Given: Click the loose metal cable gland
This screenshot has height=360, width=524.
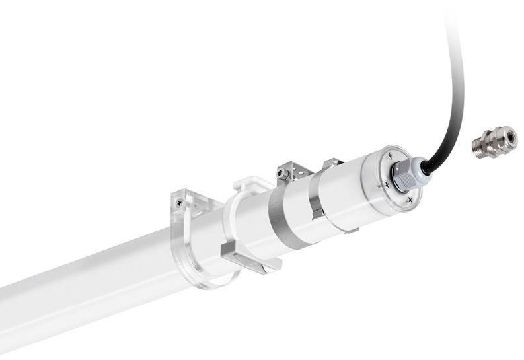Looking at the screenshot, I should [x=494, y=142].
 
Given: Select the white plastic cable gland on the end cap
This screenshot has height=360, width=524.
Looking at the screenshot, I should [x=406, y=174].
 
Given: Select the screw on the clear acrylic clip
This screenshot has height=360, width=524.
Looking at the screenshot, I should [x=179, y=203].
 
